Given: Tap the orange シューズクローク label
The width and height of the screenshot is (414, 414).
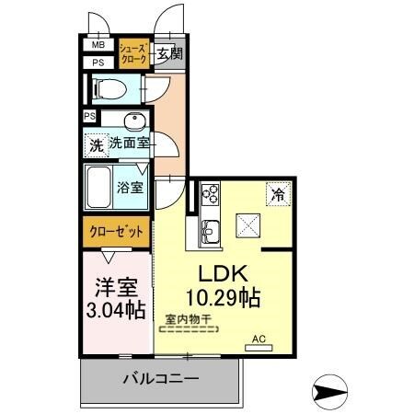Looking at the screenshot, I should point(131,53).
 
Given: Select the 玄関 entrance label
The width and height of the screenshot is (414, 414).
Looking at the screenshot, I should point(168,53).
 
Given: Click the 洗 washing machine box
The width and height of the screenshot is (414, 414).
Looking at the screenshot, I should point(96,144).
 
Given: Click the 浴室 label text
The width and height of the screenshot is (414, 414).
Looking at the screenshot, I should point(130,188).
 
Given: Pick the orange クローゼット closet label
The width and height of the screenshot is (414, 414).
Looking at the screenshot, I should point(116,231).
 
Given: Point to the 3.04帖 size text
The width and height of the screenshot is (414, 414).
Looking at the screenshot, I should point(116,310).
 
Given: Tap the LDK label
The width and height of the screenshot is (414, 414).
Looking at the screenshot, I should point(223,273).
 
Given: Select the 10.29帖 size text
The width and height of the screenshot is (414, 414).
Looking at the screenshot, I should point(223,297).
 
